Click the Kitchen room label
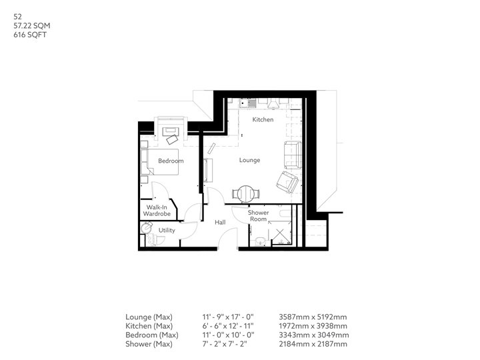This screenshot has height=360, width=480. click(263, 119)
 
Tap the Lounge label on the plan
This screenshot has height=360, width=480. click(249, 160)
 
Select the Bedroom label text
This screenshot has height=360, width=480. click(171, 161)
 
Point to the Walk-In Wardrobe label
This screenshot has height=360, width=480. click(157, 210)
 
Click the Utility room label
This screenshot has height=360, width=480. click(167, 230)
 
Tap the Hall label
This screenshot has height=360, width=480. click(220, 222)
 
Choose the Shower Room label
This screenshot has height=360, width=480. click(259, 215)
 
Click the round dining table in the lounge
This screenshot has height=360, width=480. click(245, 194)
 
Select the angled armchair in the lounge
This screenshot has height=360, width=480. click(287, 182)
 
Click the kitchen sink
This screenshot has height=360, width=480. click(248, 103)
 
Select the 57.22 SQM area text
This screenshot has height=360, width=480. click(32, 26)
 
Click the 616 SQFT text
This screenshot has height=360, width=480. click(30, 35)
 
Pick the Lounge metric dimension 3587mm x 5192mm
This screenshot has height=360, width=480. click(313, 317)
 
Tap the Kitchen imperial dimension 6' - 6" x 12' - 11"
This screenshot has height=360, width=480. click(228, 326)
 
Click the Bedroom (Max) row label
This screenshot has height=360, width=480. click(152, 335)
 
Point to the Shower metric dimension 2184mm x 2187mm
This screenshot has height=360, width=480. click(313, 344)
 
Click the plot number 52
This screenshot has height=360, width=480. click(17, 17)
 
